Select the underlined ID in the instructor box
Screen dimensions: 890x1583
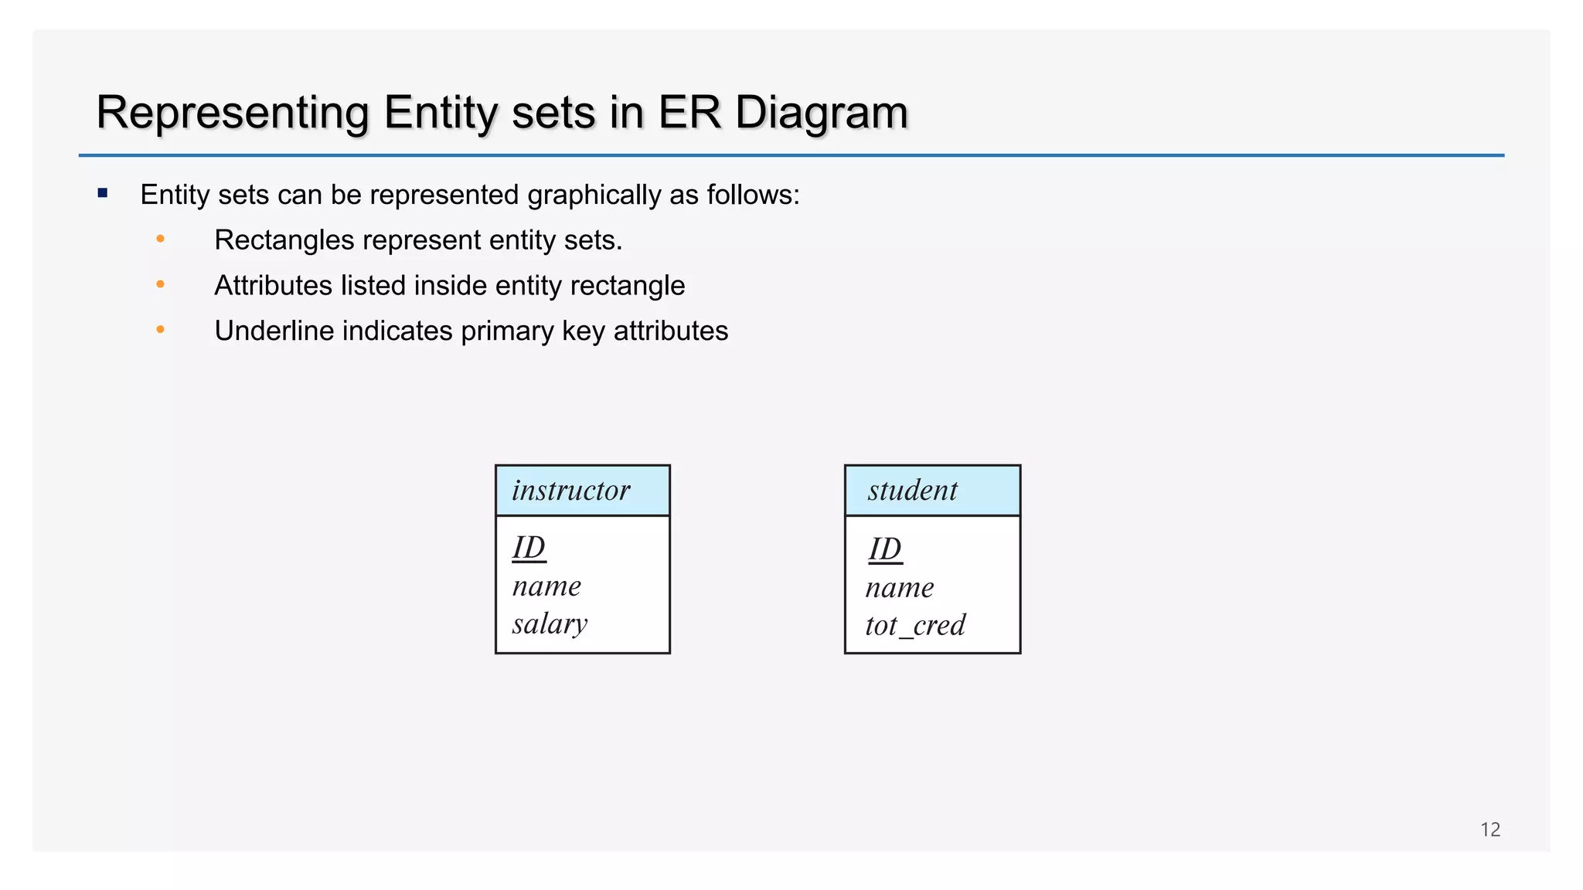coord(529,549)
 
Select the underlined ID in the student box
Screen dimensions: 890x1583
coord(884,549)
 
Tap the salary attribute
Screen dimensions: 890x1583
coord(550,623)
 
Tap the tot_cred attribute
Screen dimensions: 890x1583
coord(915,625)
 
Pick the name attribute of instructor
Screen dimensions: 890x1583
coord(546,586)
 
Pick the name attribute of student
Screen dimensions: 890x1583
coord(900,588)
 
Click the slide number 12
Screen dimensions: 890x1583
coord(1489,830)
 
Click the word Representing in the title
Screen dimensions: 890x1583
coord(232,113)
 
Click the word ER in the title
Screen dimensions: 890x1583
coord(689,113)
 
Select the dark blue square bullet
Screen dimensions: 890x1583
coord(103,193)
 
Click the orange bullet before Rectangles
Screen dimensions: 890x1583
coord(160,239)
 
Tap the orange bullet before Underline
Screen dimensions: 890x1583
coord(160,330)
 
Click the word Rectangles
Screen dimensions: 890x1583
coord(284,240)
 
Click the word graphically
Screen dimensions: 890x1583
coord(594,195)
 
